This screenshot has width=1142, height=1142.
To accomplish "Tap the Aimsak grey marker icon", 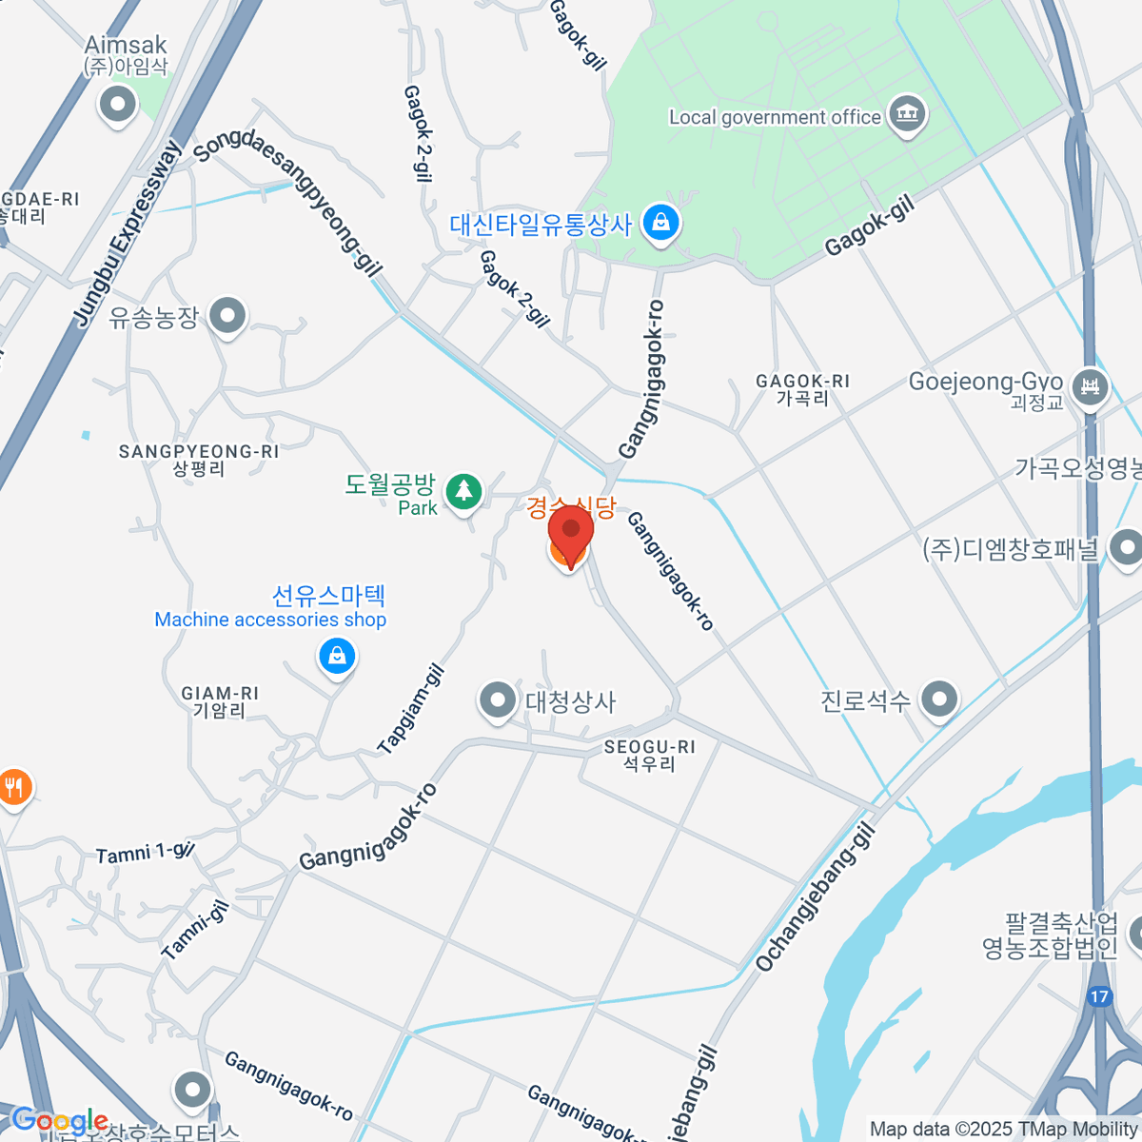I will (118, 104).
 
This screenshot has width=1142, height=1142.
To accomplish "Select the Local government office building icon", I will (906, 115).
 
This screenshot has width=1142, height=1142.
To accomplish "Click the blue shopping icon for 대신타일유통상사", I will (660, 225).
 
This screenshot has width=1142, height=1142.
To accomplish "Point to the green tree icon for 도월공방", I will (463, 491).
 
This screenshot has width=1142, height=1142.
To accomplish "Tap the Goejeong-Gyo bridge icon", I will (1090, 386).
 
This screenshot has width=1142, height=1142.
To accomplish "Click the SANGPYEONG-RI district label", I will (199, 459).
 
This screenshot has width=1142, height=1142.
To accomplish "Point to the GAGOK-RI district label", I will (802, 388).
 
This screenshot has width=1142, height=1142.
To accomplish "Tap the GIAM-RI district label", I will (220, 702).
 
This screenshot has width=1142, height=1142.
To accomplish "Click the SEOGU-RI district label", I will (649, 755).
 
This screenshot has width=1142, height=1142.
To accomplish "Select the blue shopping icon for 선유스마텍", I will (337, 656).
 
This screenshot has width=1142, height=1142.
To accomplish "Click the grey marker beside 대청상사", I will (496, 701).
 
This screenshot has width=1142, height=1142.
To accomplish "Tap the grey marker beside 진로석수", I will (939, 699).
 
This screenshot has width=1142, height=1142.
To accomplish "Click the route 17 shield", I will (1099, 996).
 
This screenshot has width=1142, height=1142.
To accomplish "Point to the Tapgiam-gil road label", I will (411, 710).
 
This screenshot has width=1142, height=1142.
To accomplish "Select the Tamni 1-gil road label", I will (145, 853).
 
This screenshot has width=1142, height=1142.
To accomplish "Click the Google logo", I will (59, 1121).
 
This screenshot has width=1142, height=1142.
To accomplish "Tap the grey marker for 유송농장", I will (227, 316).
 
